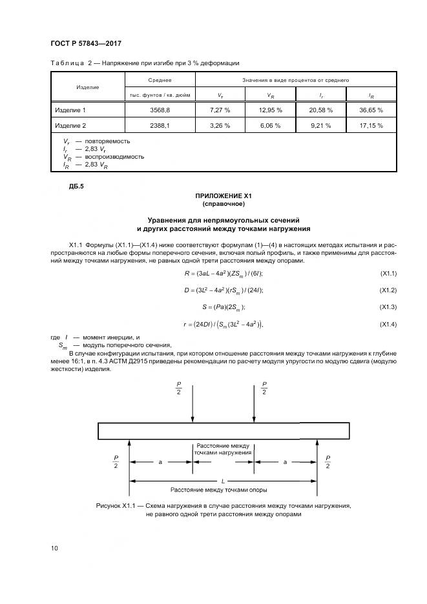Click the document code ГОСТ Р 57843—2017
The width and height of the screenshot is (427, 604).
(x=86, y=43)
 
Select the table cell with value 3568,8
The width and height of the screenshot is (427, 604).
(x=159, y=110)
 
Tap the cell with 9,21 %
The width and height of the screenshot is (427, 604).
(x=320, y=125)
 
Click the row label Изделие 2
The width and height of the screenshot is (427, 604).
(x=70, y=125)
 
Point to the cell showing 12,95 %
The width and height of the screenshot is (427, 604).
(x=270, y=110)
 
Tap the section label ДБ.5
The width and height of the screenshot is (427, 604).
(x=76, y=187)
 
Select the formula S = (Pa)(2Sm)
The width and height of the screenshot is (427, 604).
(x=224, y=307)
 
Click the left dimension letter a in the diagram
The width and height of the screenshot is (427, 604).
(x=160, y=463)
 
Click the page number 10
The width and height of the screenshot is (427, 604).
(x=55, y=548)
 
